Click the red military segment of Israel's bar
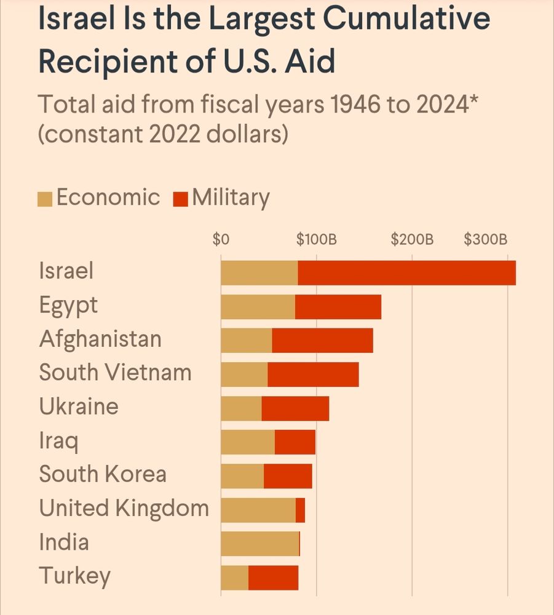click(406, 273)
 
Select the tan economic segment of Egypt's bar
click(258, 307)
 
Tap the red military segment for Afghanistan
click(322, 341)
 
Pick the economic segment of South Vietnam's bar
click(244, 375)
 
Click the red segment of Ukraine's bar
click(295, 408)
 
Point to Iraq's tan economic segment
click(248, 442)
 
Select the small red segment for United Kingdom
click(300, 510)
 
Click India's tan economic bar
click(259, 544)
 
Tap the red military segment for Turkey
click(273, 577)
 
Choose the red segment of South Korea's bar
click(288, 476)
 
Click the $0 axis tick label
click(221, 239)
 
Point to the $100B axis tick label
click(316, 239)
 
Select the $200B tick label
click(412, 239)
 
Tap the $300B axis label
click(486, 239)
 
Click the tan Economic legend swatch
click(45, 199)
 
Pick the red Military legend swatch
click(181, 199)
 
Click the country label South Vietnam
click(115, 373)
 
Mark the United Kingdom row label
click(124, 509)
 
